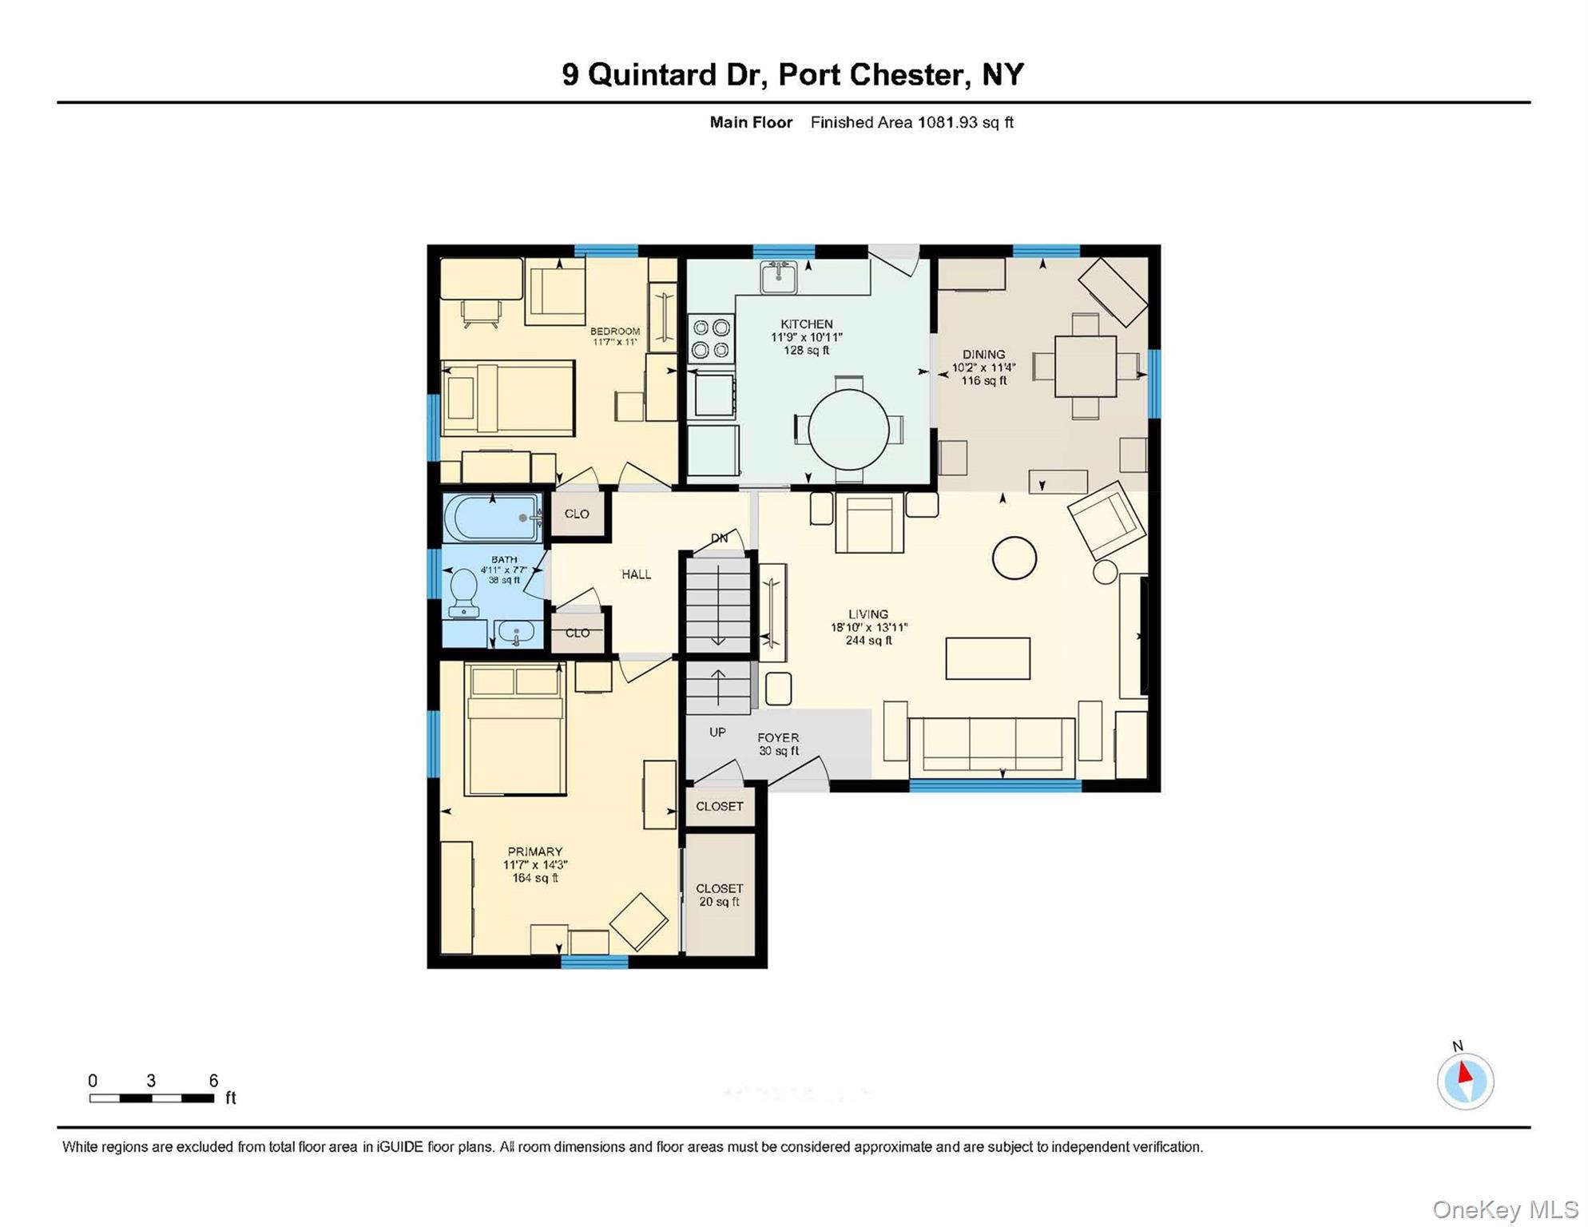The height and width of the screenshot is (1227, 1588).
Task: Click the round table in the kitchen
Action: [x=848, y=429]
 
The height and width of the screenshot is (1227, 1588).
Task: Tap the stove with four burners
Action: [x=711, y=338]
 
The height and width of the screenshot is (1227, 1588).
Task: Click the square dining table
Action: [x=1085, y=367]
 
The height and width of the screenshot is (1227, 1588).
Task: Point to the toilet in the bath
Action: [x=464, y=592]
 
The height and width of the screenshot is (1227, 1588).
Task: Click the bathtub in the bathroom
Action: [x=491, y=518]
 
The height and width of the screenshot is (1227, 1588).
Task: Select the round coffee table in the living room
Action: [x=1014, y=558]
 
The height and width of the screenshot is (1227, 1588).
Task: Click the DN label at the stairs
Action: [x=719, y=538]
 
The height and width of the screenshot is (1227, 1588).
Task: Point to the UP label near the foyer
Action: [x=717, y=732]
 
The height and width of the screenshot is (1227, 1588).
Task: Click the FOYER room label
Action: [x=778, y=738]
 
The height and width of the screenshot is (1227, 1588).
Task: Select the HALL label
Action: [x=636, y=574]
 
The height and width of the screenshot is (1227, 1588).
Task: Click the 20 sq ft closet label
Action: [x=719, y=895]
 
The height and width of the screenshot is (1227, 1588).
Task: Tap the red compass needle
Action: [x=1465, y=1072]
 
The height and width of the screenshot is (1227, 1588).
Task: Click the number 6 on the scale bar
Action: [x=213, y=1081]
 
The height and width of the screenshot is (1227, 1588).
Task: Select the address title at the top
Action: [x=792, y=74]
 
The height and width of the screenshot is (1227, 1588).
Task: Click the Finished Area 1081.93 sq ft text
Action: [x=911, y=122]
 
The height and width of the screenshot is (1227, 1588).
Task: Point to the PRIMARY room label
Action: [x=534, y=852]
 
